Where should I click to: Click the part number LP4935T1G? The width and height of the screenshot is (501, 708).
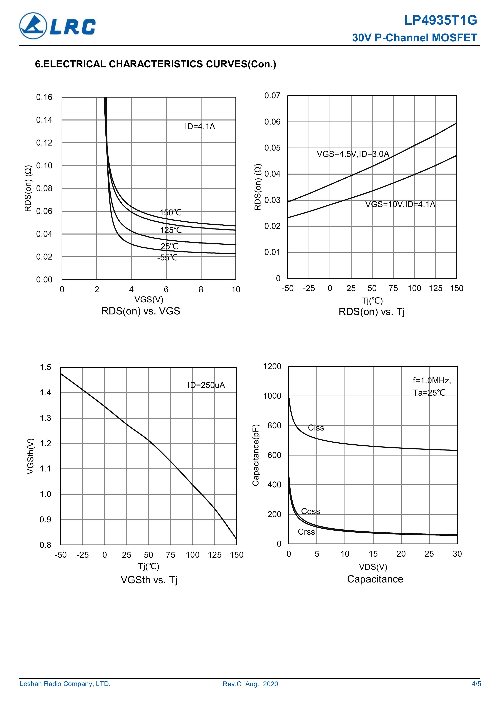click(441, 21)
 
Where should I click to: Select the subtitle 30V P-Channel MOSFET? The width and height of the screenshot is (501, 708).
click(414, 38)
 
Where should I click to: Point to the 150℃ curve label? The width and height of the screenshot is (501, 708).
click(170, 213)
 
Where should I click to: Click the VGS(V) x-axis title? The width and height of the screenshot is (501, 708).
click(149, 300)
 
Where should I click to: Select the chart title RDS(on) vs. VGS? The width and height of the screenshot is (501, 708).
click(141, 311)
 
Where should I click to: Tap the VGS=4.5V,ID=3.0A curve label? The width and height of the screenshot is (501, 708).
click(353, 154)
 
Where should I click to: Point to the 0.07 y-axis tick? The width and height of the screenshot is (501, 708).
click(272, 96)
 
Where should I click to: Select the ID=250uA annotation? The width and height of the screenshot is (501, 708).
click(206, 385)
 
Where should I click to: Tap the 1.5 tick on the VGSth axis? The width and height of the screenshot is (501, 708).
click(45, 367)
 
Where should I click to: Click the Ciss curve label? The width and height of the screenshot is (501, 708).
click(316, 428)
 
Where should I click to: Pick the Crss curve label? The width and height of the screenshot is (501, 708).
click(306, 532)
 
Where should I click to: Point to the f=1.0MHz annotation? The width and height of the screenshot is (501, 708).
click(432, 380)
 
